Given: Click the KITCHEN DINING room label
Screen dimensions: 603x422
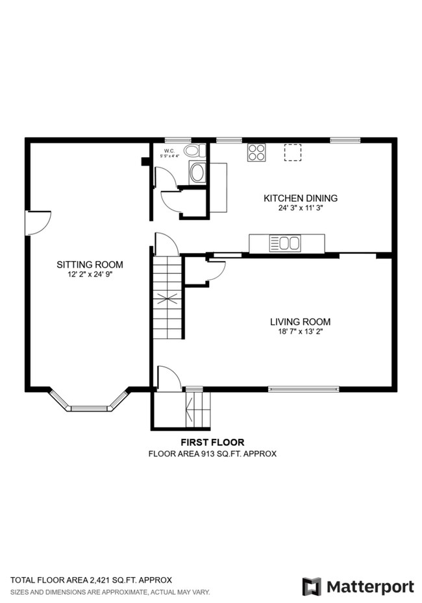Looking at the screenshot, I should (x=300, y=198).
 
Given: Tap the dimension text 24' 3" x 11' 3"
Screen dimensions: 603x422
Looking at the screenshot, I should (x=300, y=209).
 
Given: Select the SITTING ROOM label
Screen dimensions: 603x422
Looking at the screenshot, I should (x=90, y=264).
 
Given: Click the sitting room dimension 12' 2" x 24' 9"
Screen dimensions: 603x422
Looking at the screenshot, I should (x=90, y=275).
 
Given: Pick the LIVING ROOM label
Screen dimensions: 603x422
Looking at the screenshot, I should (x=300, y=321).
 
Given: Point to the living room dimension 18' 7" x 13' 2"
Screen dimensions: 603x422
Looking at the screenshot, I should (x=300, y=332).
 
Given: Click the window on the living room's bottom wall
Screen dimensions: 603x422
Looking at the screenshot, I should (x=304, y=389).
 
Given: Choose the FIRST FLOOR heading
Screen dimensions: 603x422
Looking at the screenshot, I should (x=212, y=442).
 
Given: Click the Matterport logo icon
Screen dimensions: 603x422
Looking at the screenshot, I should (x=312, y=586).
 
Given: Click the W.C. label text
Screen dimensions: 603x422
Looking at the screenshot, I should (x=169, y=150).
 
